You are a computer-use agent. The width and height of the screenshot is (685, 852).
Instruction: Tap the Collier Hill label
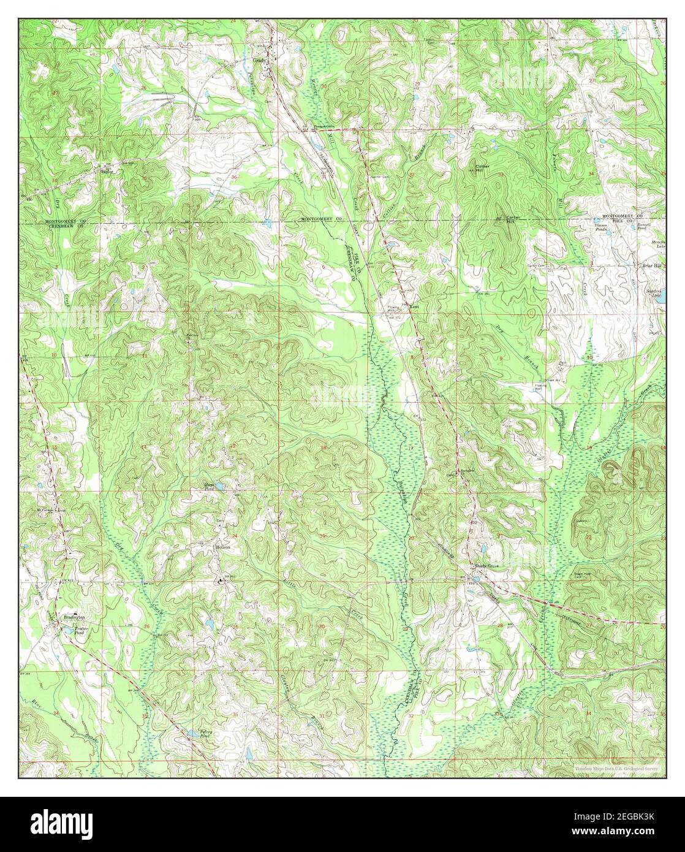point(485,168)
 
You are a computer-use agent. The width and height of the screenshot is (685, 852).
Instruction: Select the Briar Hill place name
point(651,266)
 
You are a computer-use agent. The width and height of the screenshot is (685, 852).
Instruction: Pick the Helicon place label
point(222,547)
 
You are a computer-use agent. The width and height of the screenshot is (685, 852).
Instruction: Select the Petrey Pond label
point(209,734)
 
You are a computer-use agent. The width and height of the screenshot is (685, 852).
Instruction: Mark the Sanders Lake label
point(656,293)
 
